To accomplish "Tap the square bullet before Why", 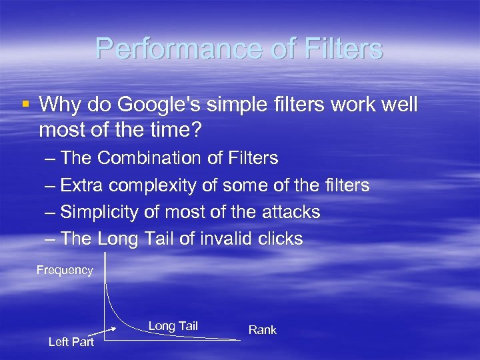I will point(26,104).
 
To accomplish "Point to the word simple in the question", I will point(229,105).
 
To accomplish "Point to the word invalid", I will point(230,239).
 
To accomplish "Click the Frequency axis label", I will point(65,270).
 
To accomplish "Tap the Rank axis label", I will point(262,329).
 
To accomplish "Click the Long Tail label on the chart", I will point(173,326).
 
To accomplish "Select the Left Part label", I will point(71,342).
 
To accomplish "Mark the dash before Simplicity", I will point(51,213).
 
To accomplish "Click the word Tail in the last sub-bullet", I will point(158,239).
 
